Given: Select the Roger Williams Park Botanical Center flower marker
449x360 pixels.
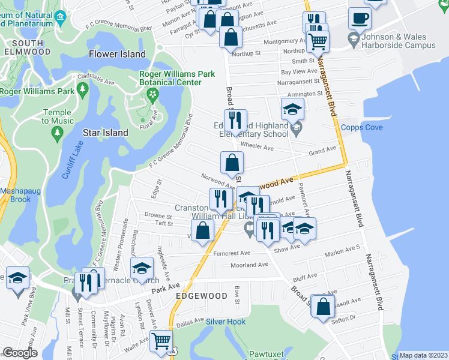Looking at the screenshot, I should coord(152,94).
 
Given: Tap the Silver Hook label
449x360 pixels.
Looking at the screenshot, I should coord(226,322).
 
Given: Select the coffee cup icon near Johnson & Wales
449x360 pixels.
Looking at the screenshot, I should coord(360,18).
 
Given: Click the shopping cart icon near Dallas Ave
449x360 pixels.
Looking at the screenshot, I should coord(161,340).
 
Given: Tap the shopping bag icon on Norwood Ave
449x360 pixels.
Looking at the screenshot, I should coord(232,161).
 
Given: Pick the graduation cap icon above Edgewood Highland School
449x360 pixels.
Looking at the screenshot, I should coord(292,109).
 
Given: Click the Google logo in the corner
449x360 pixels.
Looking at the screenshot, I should coord(20,353).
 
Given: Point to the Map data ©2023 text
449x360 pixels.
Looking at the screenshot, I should coord(423,355).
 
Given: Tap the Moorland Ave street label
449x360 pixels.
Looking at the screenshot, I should coord(250,265).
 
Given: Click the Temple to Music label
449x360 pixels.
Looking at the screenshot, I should coord(57,116).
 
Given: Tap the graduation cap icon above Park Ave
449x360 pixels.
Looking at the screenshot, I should coord(142,267).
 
